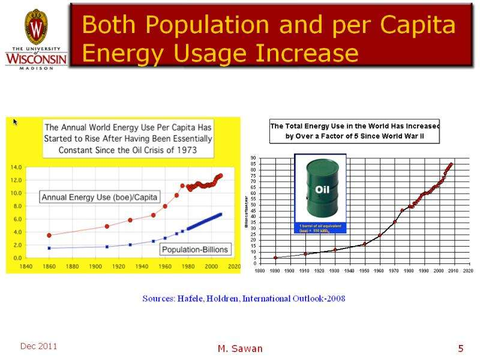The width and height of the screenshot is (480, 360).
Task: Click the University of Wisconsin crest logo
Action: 35,28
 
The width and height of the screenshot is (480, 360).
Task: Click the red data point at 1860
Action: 49,235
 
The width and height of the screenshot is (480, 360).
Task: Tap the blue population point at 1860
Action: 49,248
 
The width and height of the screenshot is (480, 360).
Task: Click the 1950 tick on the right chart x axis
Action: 364,271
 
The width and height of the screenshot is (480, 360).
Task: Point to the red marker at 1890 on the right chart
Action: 275,257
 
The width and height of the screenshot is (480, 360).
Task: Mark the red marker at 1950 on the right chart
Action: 365,244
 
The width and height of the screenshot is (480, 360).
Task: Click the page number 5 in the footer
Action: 460,349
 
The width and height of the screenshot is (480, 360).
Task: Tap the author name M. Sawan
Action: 239,349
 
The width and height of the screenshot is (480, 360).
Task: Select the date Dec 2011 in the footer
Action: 38,346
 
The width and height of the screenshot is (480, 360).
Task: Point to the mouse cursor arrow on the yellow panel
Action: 16,122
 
